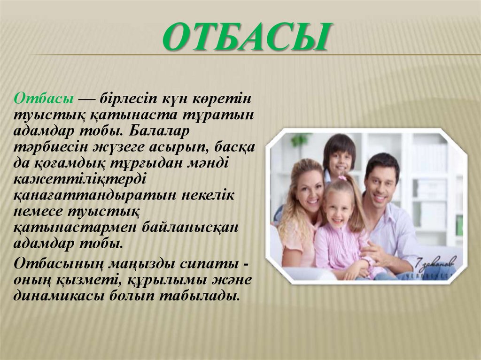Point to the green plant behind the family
point(300,140)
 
